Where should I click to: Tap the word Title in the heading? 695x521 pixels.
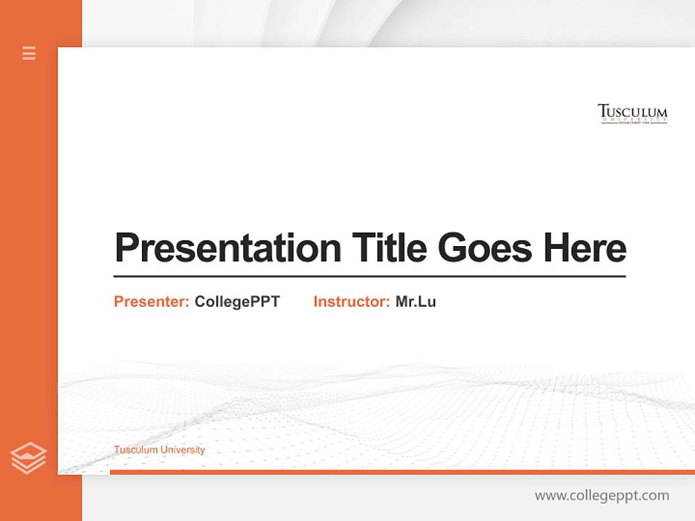pos(389,248)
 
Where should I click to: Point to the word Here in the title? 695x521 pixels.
pos(585,248)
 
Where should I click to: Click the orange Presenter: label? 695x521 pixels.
pos(151,302)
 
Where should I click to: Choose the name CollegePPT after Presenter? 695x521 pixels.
pos(237,302)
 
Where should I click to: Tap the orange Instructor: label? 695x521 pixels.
pos(351,302)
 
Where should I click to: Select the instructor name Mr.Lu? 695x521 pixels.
pos(416,302)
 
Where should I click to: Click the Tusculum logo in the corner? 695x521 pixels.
pos(632,114)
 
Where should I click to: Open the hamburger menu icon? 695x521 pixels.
pos(29,53)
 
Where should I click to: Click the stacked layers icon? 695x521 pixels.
pos(28,458)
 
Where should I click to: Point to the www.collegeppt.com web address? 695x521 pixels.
pos(602,496)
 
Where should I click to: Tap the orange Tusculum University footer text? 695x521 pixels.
pos(159,450)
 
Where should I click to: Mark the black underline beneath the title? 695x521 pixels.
pos(369,276)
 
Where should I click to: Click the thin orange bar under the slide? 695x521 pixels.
pos(402,472)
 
